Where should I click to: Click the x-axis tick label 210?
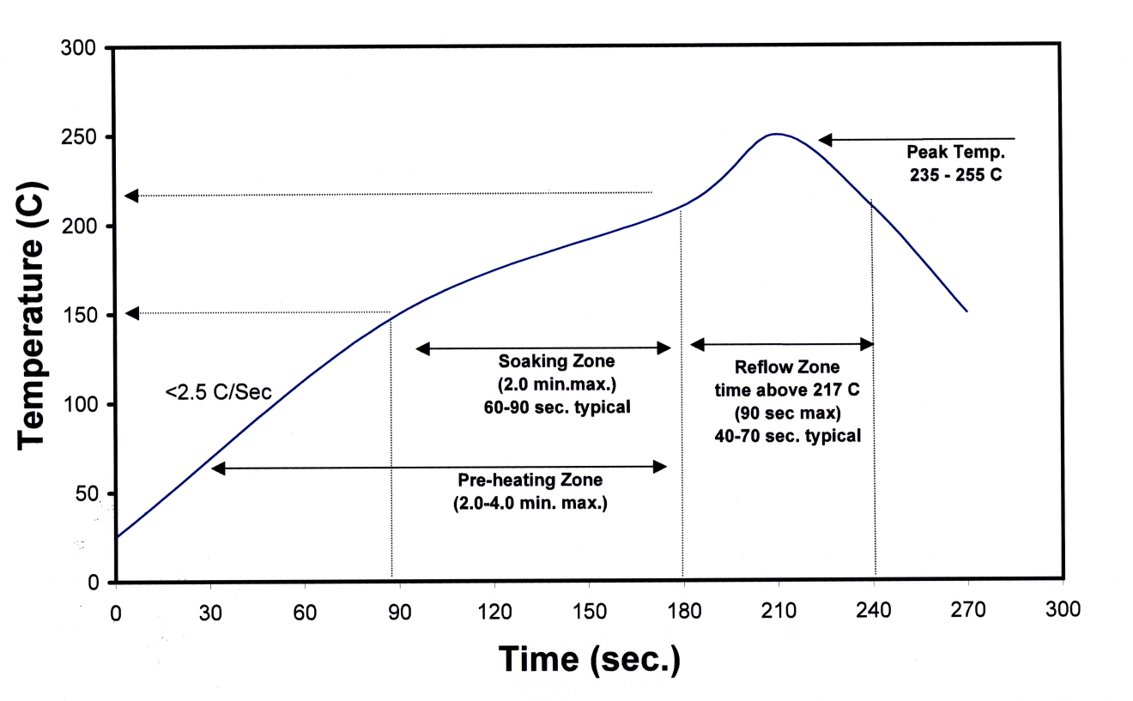[x=779, y=611]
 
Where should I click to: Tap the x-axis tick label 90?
[x=399, y=611]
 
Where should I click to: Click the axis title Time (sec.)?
[x=590, y=659]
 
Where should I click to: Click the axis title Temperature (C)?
[x=33, y=315]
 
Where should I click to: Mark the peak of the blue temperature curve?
[x=776, y=134]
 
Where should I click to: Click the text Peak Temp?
[x=943, y=152]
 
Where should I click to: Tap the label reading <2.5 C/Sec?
[x=218, y=393]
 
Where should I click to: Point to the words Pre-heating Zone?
[x=530, y=480]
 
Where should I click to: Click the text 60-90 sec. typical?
[x=556, y=407]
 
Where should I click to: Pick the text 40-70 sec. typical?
[x=787, y=436]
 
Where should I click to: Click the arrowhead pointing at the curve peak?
[x=825, y=139]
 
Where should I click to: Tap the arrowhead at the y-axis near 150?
[x=132, y=313]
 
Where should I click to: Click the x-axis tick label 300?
[x=1063, y=611]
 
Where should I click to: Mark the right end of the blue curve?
[x=967, y=311]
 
